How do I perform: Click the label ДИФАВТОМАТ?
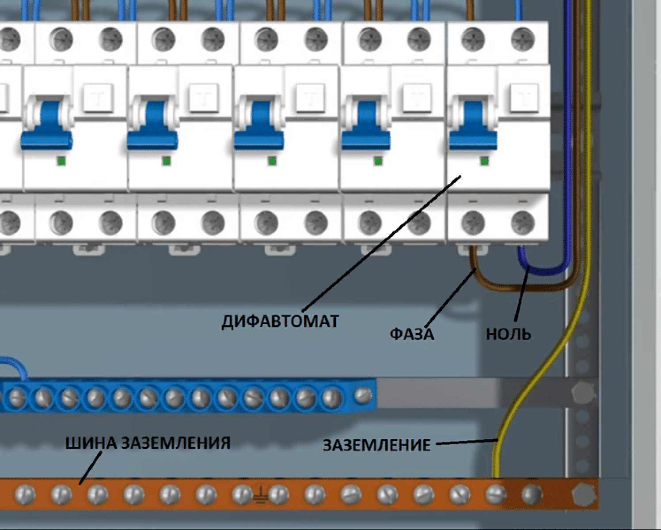(x=280, y=321)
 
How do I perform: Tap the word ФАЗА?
(x=412, y=334)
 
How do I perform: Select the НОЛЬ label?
(x=508, y=334)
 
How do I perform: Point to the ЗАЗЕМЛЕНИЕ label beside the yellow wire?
(x=376, y=445)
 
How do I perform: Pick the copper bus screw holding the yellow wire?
(x=496, y=492)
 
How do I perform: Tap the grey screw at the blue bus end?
(x=362, y=394)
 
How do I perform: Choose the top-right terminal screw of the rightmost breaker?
(x=523, y=40)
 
